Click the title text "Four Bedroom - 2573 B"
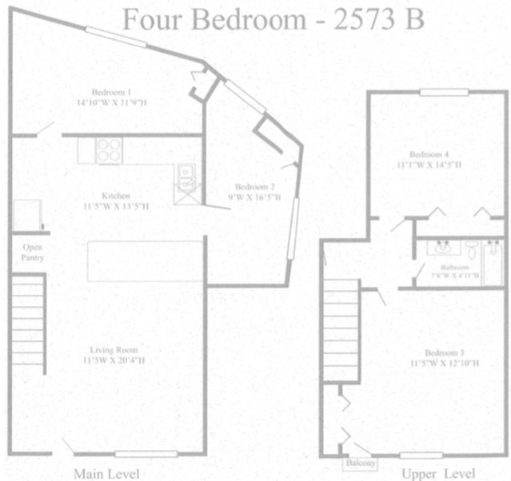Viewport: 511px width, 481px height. click(x=273, y=19)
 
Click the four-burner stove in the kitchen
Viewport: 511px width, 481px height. click(x=108, y=149)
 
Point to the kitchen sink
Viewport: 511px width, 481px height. click(x=185, y=173)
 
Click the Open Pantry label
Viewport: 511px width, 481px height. click(x=31, y=252)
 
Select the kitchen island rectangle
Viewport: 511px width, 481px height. click(x=144, y=260)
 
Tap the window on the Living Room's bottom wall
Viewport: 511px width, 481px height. click(x=146, y=454)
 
